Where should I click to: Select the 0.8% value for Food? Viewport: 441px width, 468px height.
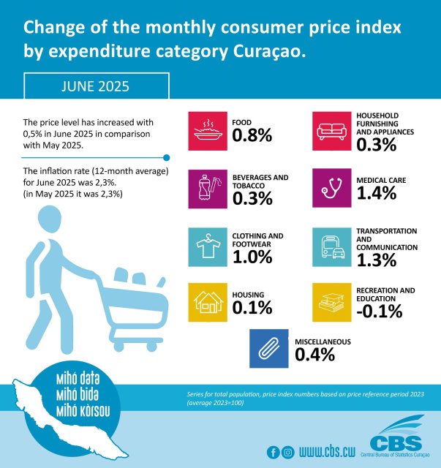pos(252,135)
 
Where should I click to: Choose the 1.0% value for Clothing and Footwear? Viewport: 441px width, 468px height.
pos(252,257)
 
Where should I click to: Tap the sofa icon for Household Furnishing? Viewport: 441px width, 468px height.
pos(332,129)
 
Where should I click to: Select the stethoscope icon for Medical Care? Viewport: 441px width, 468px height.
pos(332,188)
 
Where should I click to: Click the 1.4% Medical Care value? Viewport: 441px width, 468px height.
pos(376,193)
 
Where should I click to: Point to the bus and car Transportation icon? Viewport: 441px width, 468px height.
pos(332,246)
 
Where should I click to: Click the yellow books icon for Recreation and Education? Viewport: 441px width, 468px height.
pos(332,302)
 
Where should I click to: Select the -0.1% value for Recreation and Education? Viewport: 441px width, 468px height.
pos(380,312)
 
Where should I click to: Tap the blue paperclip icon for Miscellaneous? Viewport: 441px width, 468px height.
pos(270,348)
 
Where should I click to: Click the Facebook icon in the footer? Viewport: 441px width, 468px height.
pos(274,451)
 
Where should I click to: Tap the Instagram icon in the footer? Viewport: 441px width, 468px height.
pos(287,451)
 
